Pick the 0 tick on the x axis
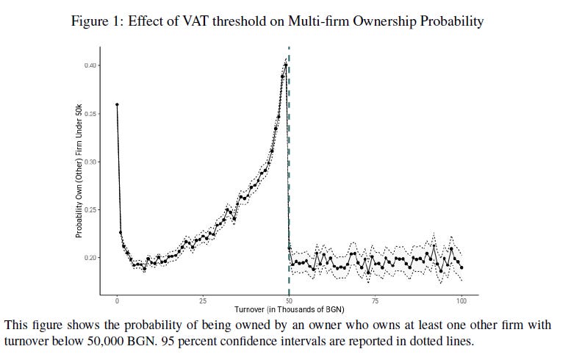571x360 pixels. [117, 300]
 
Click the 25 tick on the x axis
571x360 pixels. [203, 300]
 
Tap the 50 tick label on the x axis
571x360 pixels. [289, 300]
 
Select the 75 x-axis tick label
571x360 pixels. [375, 300]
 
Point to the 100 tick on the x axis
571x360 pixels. [461, 300]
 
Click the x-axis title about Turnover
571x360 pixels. [289, 311]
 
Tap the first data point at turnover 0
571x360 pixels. [117, 104]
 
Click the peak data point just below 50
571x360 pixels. [285, 65]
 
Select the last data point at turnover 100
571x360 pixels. [462, 267]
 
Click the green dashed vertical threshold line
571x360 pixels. [289, 184]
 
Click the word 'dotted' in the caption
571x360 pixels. [425, 342]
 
